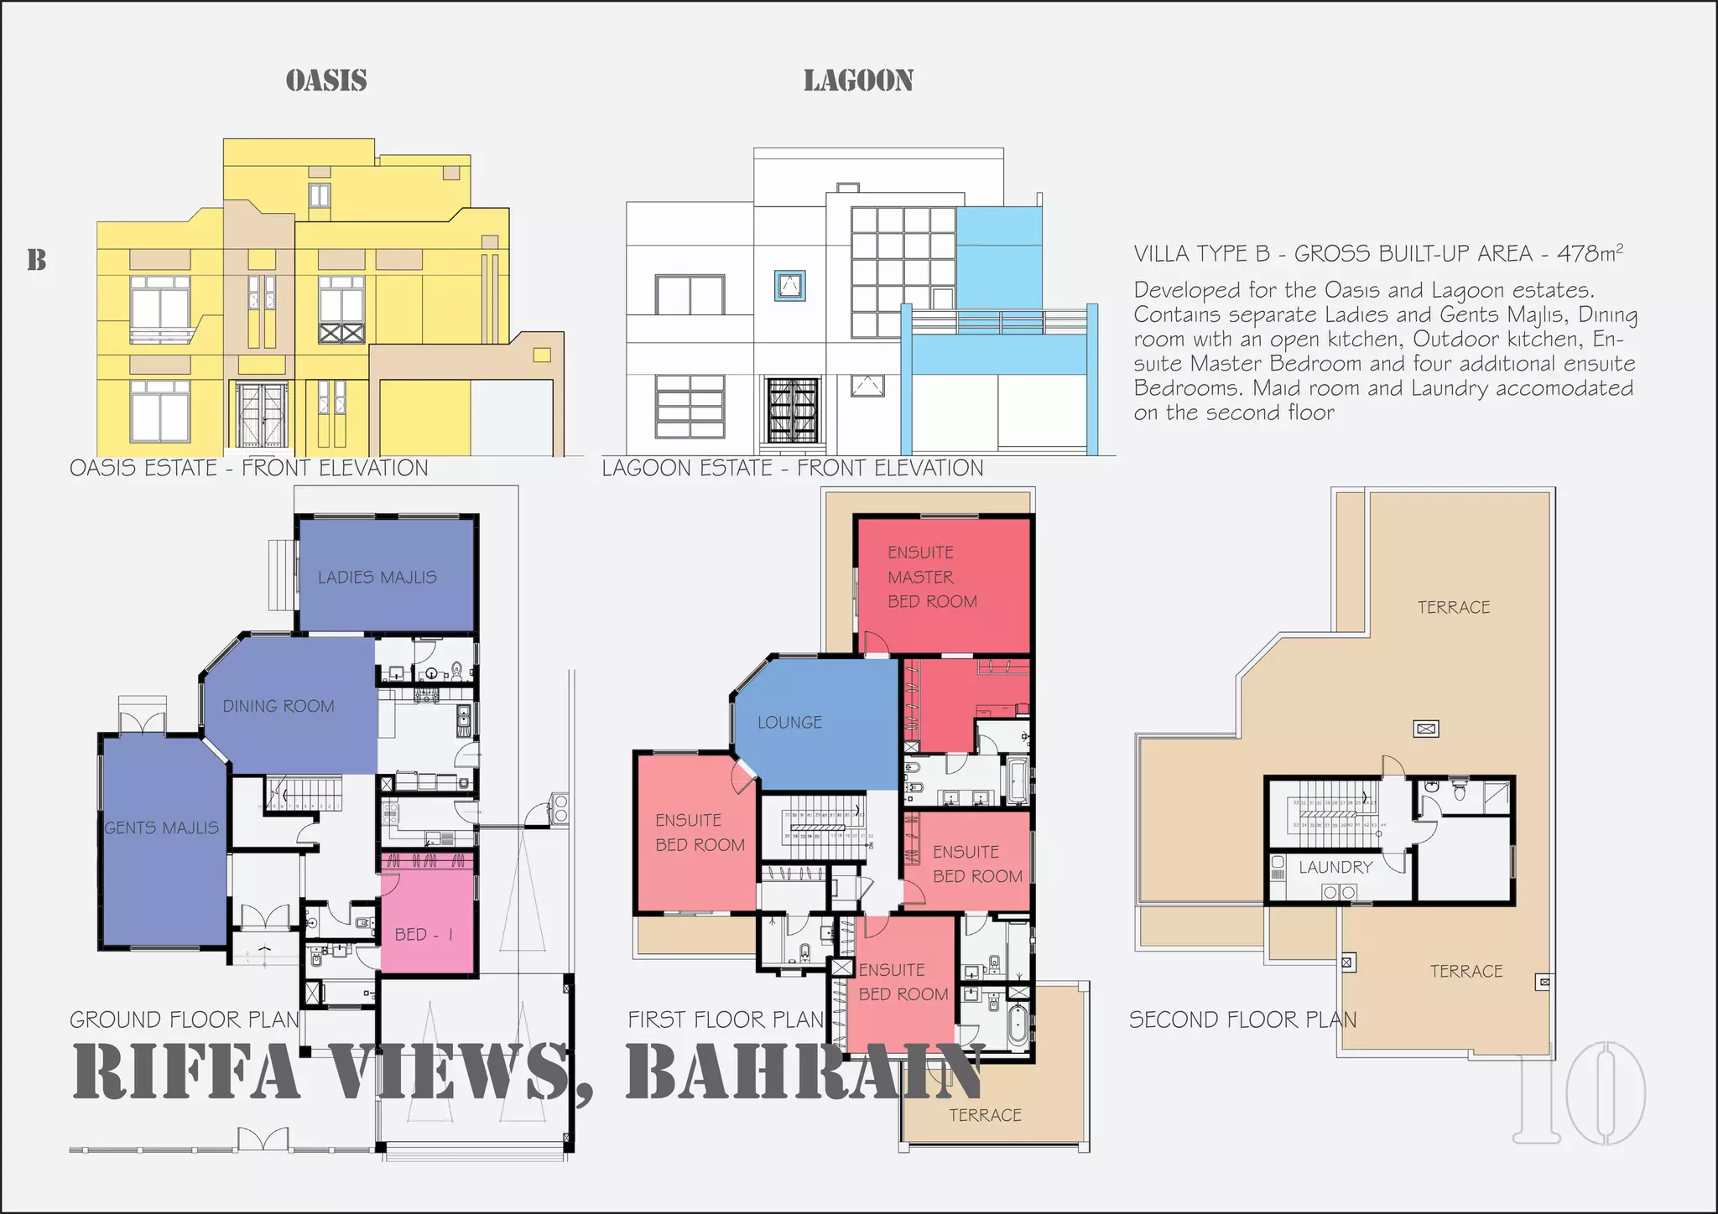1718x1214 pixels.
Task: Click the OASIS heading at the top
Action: coord(326,80)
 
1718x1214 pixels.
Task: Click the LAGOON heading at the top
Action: coord(858,80)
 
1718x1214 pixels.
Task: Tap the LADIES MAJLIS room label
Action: coord(377,577)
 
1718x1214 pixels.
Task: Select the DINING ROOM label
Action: coord(279,706)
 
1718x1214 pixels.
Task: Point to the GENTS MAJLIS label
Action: coord(162,827)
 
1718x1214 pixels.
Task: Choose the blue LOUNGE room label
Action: coord(789,722)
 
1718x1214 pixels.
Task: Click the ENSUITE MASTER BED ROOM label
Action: coord(931,577)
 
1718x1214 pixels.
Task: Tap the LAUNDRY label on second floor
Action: coord(1335,867)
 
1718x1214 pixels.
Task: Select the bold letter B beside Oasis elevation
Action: coord(37,260)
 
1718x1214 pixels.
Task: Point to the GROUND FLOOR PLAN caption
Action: coord(185,1019)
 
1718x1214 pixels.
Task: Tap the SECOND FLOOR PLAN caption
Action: coord(1242,1019)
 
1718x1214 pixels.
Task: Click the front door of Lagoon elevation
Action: coord(792,410)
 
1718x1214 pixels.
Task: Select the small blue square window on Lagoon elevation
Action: coord(789,286)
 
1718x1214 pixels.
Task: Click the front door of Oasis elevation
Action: coord(262,415)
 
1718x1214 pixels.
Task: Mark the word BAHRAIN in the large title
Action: coord(804,1072)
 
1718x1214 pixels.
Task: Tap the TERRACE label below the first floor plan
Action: coord(985,1115)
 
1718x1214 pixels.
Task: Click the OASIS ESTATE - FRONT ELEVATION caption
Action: coord(248,468)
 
